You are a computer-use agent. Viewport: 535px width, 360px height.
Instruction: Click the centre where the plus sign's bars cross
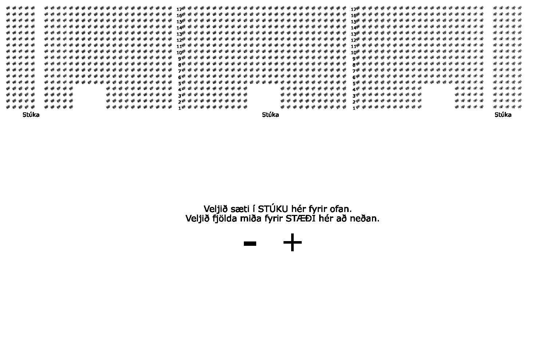(292, 243)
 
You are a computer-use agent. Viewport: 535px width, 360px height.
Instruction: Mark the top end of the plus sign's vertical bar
(292, 234)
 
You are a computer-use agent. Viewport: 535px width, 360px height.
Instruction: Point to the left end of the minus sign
(244, 244)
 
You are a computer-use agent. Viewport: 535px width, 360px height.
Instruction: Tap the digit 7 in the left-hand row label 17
(181, 9)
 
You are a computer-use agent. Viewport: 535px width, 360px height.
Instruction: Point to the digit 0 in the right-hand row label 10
(355, 53)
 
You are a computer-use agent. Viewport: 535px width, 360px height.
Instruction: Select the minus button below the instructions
(250, 244)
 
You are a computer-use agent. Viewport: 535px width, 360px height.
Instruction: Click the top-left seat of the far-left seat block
(8, 8)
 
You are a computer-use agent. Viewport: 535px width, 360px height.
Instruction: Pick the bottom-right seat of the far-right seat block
(519, 107)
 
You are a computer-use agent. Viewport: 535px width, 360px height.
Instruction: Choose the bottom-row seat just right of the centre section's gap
(283, 107)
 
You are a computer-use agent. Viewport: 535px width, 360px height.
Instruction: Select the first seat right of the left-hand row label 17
(184, 8)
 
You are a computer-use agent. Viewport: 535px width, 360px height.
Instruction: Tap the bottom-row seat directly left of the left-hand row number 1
(170, 107)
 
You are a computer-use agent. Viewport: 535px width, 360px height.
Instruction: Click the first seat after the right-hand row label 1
(358, 107)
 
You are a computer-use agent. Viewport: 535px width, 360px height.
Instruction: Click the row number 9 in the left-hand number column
(180, 59)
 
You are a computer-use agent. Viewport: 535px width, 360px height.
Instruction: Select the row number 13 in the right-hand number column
(353, 34)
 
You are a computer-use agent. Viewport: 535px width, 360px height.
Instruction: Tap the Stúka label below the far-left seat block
(31, 115)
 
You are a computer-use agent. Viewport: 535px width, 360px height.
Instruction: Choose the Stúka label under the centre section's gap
(270, 115)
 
